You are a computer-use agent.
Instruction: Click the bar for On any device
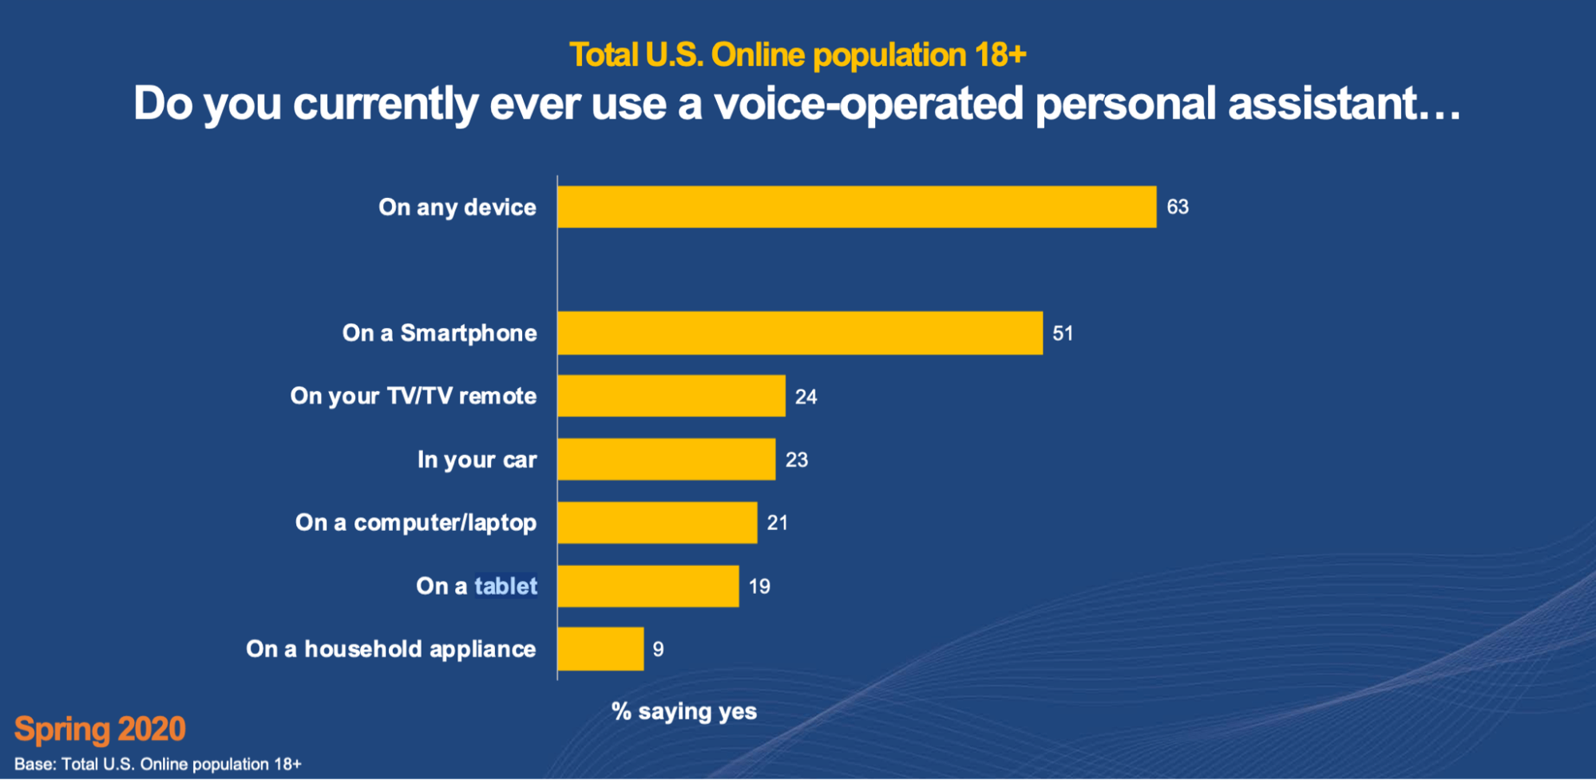pyautogui.click(x=857, y=207)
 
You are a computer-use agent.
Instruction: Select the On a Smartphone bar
pyautogui.click(x=800, y=333)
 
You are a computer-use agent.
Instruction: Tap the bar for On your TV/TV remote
pyautogui.click(x=671, y=396)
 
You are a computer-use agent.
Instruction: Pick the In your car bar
pyautogui.click(x=667, y=459)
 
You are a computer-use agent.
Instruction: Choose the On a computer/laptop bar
pyautogui.click(x=657, y=522)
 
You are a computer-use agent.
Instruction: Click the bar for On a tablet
pyautogui.click(x=648, y=586)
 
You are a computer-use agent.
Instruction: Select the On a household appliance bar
pyautogui.click(x=600, y=649)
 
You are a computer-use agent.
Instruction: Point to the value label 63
pyautogui.click(x=1178, y=207)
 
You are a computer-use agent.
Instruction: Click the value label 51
pyautogui.click(x=1063, y=333)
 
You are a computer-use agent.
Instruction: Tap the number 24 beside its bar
pyautogui.click(x=806, y=397)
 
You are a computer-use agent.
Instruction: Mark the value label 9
pyautogui.click(x=658, y=649)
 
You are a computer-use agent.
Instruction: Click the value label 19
pyautogui.click(x=759, y=586)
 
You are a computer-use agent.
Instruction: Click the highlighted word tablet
pyautogui.click(x=505, y=586)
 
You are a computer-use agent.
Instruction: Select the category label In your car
pyautogui.click(x=477, y=460)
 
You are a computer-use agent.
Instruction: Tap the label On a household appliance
pyautogui.click(x=391, y=649)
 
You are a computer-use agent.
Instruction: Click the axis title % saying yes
pyautogui.click(x=684, y=711)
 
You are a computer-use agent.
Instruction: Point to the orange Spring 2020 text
pyautogui.click(x=100, y=729)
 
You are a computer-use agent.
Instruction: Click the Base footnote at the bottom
pyautogui.click(x=158, y=764)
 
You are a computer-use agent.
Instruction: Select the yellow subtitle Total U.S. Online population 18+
pyautogui.click(x=797, y=55)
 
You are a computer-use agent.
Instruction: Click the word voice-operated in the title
pyautogui.click(x=868, y=104)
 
